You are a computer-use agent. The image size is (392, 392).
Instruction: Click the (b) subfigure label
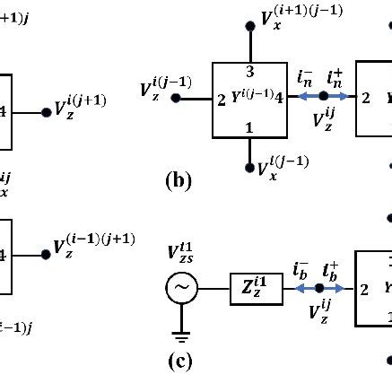(x=179, y=180)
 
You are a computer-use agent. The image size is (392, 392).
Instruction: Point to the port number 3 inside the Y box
(x=248, y=70)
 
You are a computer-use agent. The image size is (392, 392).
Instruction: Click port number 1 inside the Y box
(x=248, y=127)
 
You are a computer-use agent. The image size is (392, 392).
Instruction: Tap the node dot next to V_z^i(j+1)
(x=46, y=113)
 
